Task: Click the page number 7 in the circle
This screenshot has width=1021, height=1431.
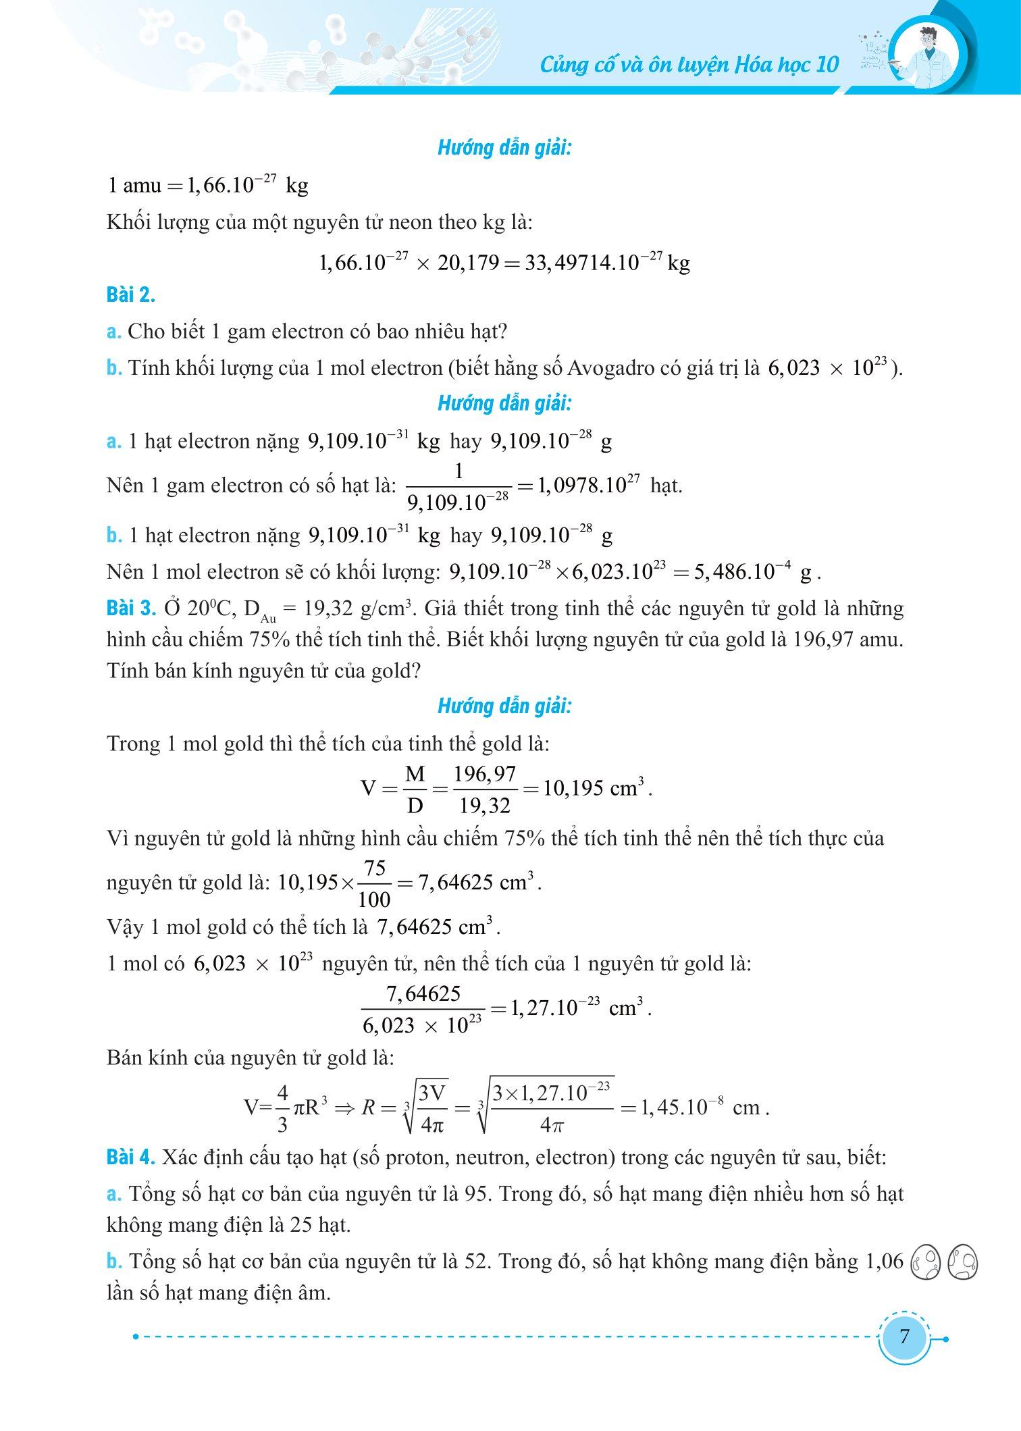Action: click(x=904, y=1336)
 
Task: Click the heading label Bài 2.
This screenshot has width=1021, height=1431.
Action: click(x=131, y=295)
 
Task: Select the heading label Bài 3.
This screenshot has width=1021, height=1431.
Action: click(x=131, y=608)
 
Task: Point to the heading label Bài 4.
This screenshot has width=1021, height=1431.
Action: click(x=131, y=1157)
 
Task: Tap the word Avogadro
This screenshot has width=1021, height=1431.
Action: click(x=613, y=368)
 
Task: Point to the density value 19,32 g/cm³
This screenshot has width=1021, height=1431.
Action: click(x=358, y=608)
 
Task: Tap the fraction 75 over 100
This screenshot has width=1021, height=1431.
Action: click(x=375, y=883)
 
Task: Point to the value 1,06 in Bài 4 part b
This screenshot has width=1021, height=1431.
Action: click(x=883, y=1261)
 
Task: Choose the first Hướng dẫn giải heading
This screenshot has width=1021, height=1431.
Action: click(x=504, y=149)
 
